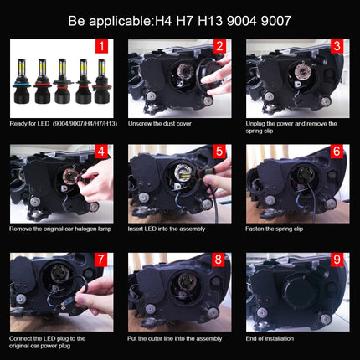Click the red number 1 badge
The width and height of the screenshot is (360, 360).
tap(101, 48)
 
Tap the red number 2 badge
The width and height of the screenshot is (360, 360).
tap(219, 48)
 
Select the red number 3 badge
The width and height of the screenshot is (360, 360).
tap(337, 48)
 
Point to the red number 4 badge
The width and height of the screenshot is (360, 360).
tap(101, 152)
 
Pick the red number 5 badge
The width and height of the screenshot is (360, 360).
tap(219, 152)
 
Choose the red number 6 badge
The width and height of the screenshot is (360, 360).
tap(337, 152)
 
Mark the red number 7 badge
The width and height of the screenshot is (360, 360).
tap(101, 261)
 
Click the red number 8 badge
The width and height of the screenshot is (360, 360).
tap(219, 261)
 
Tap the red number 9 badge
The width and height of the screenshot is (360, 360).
tap(337, 261)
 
